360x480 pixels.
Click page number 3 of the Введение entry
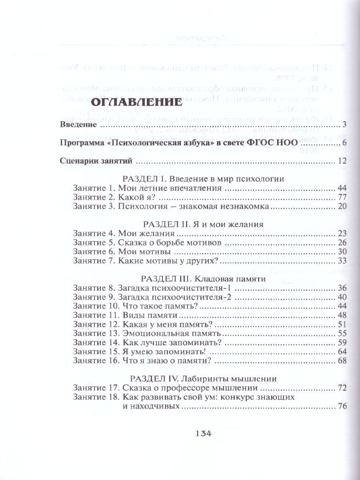click(344, 126)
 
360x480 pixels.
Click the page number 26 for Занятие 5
click(342, 243)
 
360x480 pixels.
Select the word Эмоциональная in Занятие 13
click(151, 333)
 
